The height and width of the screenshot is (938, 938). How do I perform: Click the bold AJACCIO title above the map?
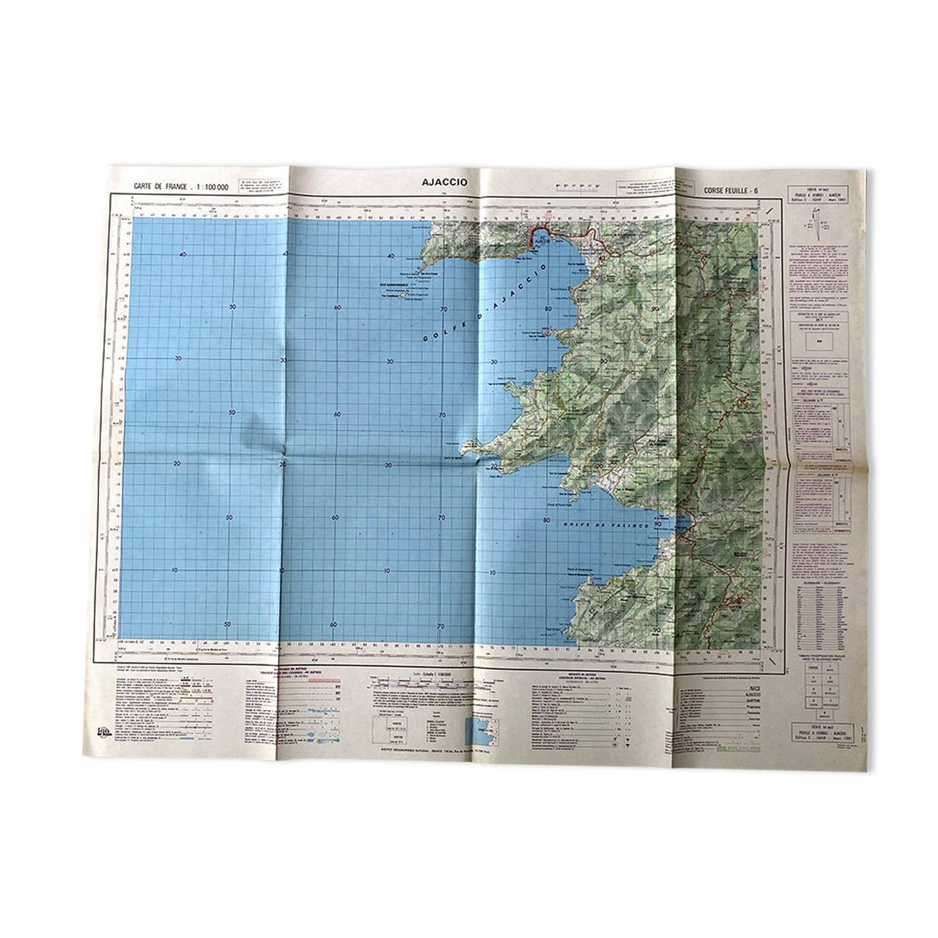coord(444,182)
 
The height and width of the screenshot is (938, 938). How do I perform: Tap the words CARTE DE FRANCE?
coord(160,187)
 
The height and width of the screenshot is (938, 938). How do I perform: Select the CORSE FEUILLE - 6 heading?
coord(730,191)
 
